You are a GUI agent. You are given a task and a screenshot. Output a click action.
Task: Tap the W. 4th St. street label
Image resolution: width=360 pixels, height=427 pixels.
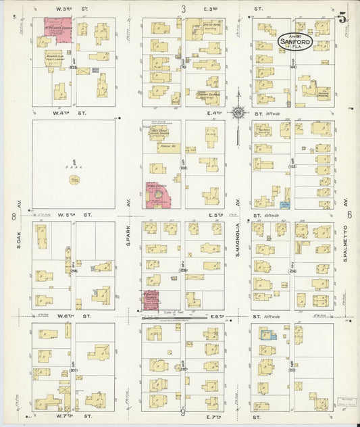click(74, 114)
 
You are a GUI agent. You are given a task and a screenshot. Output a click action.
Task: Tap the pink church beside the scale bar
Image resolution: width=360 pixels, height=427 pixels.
click(150, 299)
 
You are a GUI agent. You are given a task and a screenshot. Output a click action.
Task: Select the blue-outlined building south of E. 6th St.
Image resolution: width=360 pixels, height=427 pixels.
click(268, 334)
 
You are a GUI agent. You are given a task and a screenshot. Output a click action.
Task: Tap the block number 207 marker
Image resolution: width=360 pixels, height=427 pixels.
click(73, 370)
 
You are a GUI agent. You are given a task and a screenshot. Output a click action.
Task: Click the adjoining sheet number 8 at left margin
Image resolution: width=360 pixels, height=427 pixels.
click(14, 216)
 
